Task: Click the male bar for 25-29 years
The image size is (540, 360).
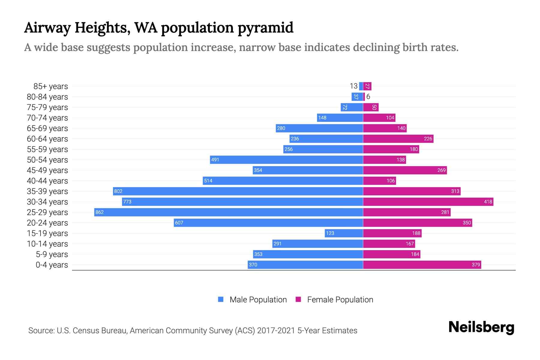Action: [228, 212]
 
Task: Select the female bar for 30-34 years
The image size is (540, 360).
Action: [428, 202]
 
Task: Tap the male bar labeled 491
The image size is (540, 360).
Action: [286, 160]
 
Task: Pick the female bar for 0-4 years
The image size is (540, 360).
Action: [422, 265]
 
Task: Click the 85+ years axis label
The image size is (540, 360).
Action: [50, 86]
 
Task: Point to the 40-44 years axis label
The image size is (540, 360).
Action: [47, 181]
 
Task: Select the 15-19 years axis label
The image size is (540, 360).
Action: [47, 233]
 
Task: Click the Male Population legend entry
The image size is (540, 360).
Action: [252, 299]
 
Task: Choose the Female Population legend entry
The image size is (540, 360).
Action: [334, 299]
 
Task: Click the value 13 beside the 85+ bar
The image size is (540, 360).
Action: [353, 86]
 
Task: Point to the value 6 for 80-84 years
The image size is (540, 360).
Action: [368, 97]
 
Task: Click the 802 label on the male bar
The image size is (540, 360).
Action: [118, 191]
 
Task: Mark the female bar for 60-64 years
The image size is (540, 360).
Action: [398, 139]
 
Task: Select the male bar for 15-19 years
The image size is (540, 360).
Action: [344, 233]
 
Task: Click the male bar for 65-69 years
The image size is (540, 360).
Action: [319, 128]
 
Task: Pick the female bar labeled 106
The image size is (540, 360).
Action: [379, 181]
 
